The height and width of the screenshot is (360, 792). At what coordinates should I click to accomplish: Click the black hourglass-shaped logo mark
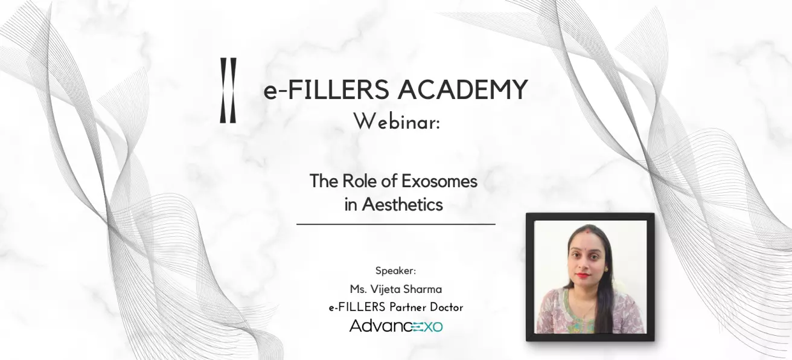pyautogui.click(x=228, y=91)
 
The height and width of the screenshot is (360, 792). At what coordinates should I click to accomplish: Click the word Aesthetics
pyautogui.click(x=402, y=204)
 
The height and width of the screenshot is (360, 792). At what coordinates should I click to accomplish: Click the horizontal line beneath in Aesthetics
pyautogui.click(x=395, y=224)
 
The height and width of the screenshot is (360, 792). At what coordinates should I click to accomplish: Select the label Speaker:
pyautogui.click(x=395, y=270)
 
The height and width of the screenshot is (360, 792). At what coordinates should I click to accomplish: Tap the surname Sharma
pyautogui.click(x=423, y=289)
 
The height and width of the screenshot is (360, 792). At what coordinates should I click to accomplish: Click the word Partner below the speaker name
pyautogui.click(x=399, y=307)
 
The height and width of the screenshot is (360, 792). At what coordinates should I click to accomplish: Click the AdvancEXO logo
pyautogui.click(x=395, y=326)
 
